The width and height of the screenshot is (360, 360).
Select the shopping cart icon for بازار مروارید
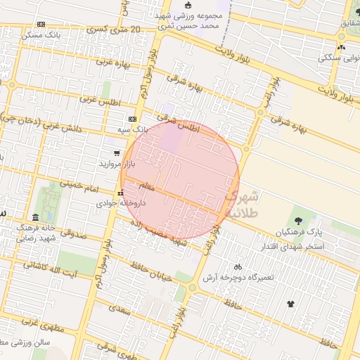click(117, 153)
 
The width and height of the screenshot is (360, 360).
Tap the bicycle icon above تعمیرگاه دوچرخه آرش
click(238, 266)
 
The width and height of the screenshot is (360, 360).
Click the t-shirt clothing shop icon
click(291, 304)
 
